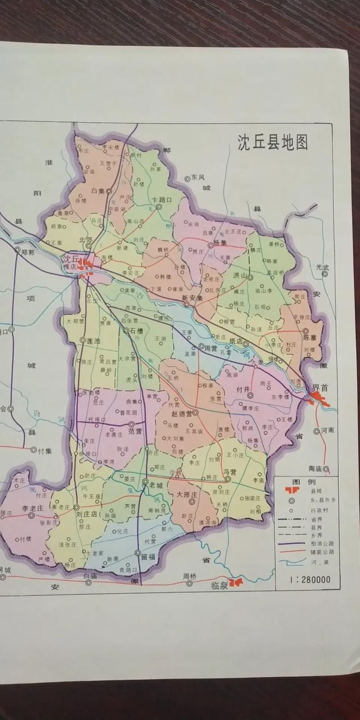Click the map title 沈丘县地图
point(273,142)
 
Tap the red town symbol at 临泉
point(235,583)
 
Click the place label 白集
point(98,191)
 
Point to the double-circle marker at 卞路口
point(159,207)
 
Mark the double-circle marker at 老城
point(145,481)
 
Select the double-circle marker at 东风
point(187,179)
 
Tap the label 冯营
point(230,472)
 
